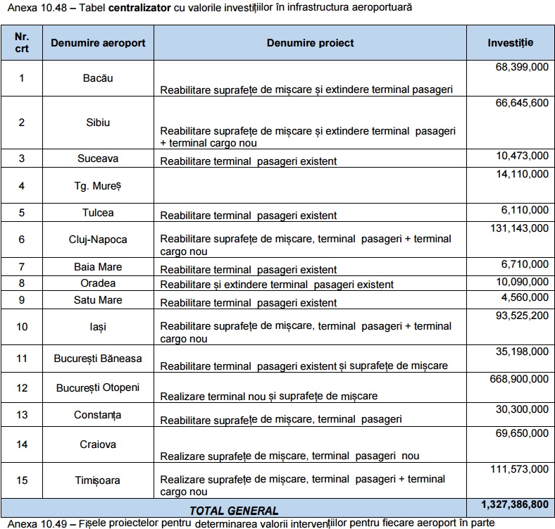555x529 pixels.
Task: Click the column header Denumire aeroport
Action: point(98,43)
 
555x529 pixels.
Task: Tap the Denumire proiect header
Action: point(310,43)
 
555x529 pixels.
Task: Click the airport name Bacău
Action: point(98,78)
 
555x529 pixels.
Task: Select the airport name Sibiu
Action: point(98,122)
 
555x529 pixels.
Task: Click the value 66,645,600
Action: point(518,103)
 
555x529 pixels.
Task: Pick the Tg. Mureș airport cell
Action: point(98,186)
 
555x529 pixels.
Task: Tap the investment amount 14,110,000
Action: point(522,173)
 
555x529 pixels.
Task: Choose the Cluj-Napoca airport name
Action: point(98,239)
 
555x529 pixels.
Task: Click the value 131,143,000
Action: point(518,228)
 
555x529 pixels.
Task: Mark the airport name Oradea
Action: point(98,283)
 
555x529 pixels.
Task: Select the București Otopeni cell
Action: point(98,388)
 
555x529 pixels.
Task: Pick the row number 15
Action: point(21,480)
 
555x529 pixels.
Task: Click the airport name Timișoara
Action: point(98,480)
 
